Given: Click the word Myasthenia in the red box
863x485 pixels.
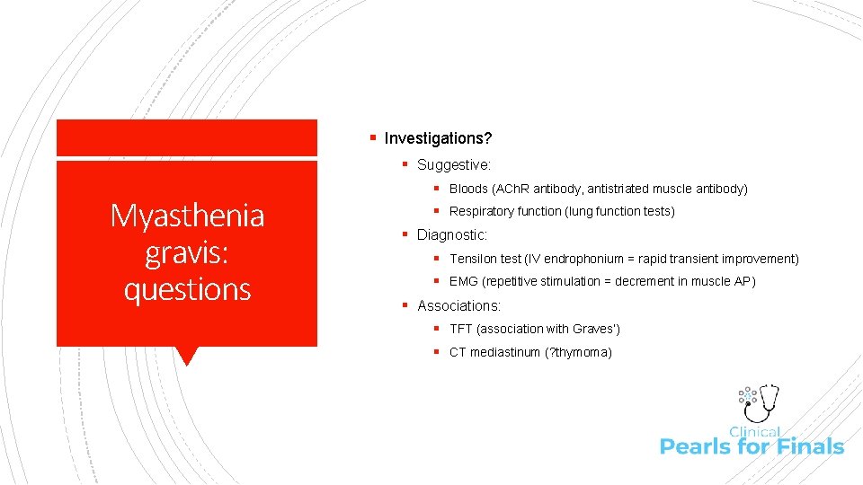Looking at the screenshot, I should tap(187, 216).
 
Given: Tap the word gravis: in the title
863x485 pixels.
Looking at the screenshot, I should tap(187, 253).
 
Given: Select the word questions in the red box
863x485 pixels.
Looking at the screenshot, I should tap(187, 289).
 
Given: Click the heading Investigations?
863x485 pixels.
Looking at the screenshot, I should tap(438, 138).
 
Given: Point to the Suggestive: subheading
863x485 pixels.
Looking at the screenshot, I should tap(454, 165).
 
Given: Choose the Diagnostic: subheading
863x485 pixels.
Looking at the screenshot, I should tap(452, 234).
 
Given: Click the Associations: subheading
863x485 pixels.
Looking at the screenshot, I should tap(458, 305).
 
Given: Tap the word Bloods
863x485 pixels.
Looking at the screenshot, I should tap(468, 189).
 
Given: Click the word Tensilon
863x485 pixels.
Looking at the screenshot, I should tap(473, 259).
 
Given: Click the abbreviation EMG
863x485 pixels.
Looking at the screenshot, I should tap(464, 282).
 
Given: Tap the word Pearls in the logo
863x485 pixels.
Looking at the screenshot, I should tap(692, 446).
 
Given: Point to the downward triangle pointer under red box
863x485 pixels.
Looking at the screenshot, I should tap(187, 356).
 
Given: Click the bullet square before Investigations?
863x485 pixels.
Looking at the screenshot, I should tap(372, 138).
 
